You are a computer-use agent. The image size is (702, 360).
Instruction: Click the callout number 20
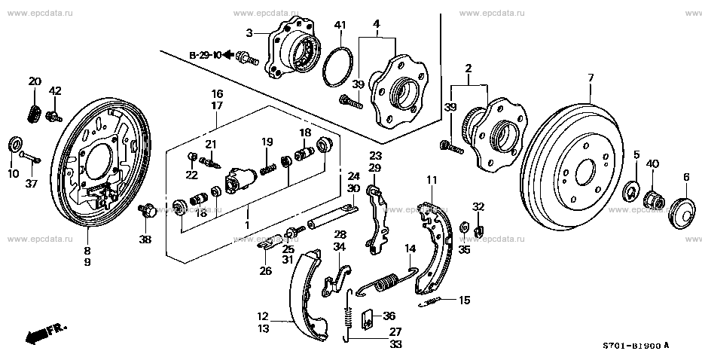point(35,81)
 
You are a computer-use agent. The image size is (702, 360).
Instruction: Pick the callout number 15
point(463,301)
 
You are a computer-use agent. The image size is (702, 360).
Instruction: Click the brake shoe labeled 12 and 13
point(305,294)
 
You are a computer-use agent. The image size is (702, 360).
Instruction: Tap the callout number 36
point(388,316)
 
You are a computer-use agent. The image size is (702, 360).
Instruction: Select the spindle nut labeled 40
point(654,201)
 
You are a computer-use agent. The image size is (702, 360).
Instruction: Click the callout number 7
point(591,78)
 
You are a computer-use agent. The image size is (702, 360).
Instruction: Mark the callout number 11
point(431,180)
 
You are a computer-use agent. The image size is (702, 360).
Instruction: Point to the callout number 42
point(55,91)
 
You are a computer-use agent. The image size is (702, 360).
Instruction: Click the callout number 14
point(411,248)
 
